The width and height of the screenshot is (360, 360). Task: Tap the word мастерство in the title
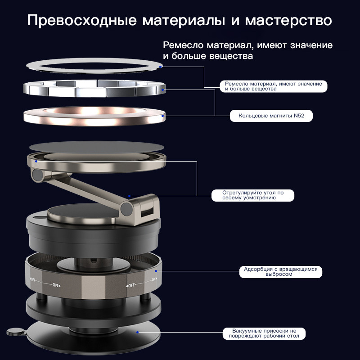click(288, 20)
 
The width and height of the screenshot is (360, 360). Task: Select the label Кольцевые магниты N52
click(271, 116)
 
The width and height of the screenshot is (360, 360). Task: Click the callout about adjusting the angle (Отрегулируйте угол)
click(253, 195)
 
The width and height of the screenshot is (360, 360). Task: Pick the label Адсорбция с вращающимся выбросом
click(280, 272)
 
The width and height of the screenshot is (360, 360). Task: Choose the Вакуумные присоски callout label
click(264, 333)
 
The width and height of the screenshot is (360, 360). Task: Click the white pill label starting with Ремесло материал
click(274, 86)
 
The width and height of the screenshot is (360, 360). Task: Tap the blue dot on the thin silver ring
click(161, 67)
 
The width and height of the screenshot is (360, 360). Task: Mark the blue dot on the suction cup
click(137, 332)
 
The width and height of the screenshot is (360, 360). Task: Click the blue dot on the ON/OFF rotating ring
click(156, 271)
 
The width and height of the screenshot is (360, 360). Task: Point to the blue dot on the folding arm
click(129, 196)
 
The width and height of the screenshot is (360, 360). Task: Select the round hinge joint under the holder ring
click(37, 175)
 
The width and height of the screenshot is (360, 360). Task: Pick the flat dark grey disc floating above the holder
click(96, 147)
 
